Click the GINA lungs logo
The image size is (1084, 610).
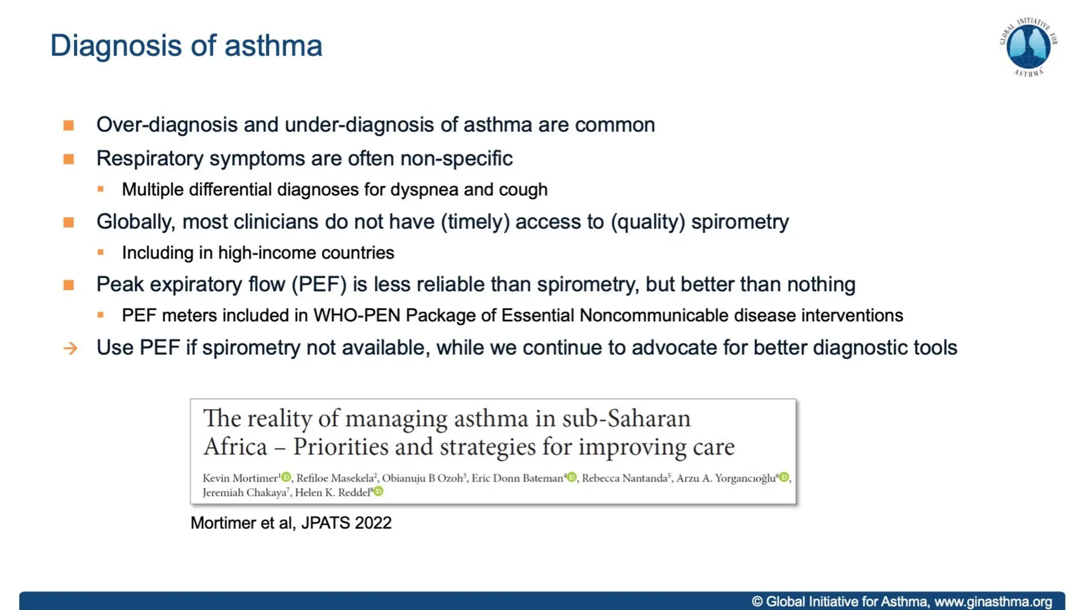coord(1028,47)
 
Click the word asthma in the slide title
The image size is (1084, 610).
coord(273,46)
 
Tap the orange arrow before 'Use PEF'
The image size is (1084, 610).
coord(70,348)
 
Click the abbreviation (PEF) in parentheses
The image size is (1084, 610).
coord(319,285)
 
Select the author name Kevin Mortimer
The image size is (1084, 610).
coord(240,478)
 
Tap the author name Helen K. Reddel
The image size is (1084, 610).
coord(332,492)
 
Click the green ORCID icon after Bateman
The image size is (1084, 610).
coord(572,478)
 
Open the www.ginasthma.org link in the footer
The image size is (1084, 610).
coord(993,602)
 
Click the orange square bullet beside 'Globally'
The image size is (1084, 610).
coord(69,222)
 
